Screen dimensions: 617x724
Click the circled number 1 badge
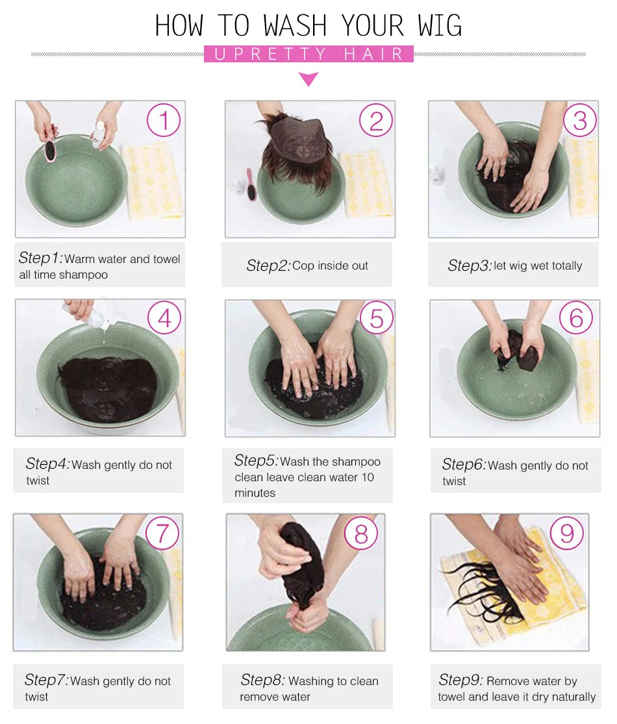pos(164,120)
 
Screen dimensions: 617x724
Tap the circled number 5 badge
pos(377,318)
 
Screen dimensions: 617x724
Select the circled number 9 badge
pos(566,533)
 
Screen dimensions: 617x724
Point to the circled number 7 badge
pos(162,533)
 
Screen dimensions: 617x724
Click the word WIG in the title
pos(440,26)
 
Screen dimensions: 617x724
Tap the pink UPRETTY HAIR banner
pos(308,54)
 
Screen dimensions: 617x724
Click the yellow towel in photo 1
pos(151,180)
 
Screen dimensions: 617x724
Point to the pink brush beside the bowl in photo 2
pos(250,184)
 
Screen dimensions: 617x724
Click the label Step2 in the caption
pos(268,266)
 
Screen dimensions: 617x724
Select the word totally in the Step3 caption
pos(566,266)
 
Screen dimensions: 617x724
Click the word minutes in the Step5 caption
pos(255,493)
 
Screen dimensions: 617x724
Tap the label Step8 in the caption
pos(262,680)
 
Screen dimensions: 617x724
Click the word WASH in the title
pos(295,26)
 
